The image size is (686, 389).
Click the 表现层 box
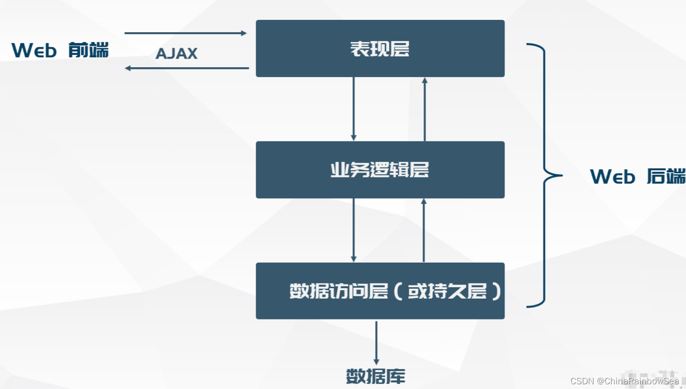click(380, 48)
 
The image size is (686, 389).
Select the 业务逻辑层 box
click(380, 170)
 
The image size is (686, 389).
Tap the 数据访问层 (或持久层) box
click(380, 291)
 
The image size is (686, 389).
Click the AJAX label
click(176, 53)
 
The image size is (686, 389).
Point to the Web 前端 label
click(60, 50)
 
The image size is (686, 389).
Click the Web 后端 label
click(638, 177)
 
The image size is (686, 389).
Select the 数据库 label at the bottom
click(376, 376)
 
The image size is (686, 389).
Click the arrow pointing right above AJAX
click(186, 33)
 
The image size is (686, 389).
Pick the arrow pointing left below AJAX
click(187, 68)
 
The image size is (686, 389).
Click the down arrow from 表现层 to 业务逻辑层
click(353, 109)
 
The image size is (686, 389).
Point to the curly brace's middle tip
click(562, 176)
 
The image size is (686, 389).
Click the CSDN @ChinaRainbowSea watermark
click(624, 381)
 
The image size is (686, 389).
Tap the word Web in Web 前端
click(34, 50)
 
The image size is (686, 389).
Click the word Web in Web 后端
click(613, 177)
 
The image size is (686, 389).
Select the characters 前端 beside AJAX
click(89, 50)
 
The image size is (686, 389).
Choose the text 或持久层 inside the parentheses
click(447, 291)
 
